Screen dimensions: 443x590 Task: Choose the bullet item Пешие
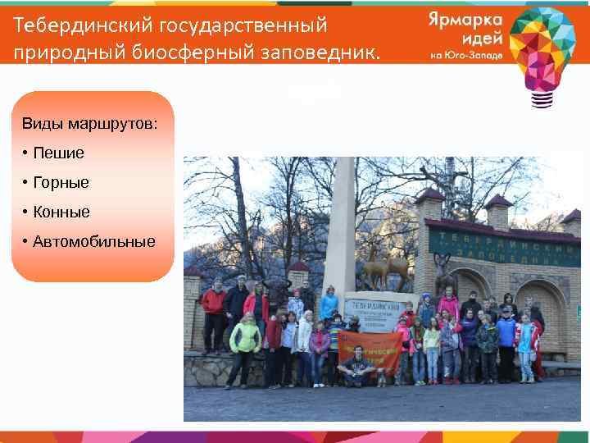58,153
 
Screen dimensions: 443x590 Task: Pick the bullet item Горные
61,182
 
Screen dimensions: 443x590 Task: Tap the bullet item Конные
61,212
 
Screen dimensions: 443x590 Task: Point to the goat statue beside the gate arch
444,272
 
